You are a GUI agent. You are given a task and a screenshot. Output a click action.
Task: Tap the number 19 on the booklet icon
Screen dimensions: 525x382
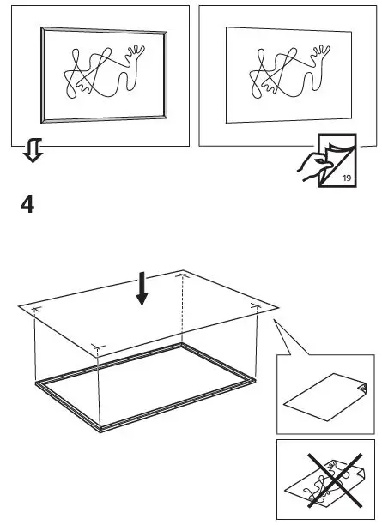[x=346, y=178]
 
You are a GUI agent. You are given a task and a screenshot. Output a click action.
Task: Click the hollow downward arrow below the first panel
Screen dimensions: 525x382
[x=32, y=152]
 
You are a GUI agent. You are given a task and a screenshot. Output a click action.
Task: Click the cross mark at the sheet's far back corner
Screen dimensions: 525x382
[x=181, y=275]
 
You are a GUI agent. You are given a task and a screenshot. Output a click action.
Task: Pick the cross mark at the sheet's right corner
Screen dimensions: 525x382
[x=256, y=305]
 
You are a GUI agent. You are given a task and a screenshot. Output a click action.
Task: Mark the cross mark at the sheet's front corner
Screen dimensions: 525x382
[x=98, y=347]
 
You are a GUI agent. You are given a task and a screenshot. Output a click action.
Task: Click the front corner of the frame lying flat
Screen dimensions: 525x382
[x=101, y=426]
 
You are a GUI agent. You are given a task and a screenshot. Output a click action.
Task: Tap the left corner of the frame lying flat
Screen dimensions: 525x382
[x=36, y=384]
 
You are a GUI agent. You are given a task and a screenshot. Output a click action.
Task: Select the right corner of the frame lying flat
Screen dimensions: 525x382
[x=255, y=377]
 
